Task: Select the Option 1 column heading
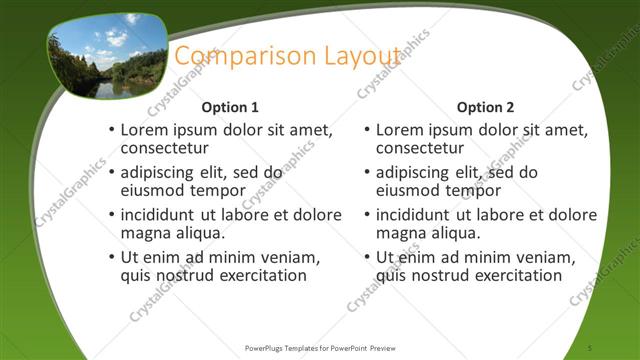pyautogui.click(x=230, y=107)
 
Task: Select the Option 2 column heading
pyautogui.click(x=485, y=107)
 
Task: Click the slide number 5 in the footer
pyautogui.click(x=591, y=348)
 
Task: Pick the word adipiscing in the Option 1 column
pyautogui.click(x=163, y=172)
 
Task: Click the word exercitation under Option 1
pyautogui.click(x=255, y=275)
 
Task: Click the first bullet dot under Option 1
pyautogui.click(x=112, y=131)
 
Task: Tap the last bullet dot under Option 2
pyautogui.click(x=367, y=258)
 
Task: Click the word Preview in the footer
pyautogui.click(x=381, y=348)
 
